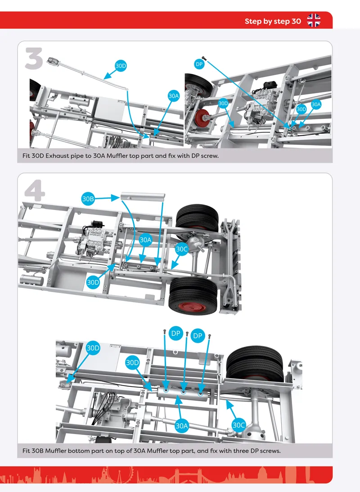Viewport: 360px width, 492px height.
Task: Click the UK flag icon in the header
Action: point(314,21)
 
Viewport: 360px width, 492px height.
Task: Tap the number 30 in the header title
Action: point(296,21)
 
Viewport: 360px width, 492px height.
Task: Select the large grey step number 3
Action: point(34,58)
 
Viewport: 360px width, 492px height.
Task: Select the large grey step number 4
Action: point(35,190)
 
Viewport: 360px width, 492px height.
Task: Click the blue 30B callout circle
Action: point(88,199)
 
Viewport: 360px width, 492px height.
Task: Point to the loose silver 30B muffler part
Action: point(143,197)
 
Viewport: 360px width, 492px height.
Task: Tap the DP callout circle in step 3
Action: point(199,64)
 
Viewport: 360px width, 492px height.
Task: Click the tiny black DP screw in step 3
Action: point(204,58)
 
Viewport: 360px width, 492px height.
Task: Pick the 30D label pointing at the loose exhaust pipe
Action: point(121,66)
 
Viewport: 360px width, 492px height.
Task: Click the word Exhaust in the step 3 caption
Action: point(57,156)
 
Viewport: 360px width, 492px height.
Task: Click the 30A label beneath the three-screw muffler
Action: point(181,426)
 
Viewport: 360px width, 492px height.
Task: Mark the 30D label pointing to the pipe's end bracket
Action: point(93,348)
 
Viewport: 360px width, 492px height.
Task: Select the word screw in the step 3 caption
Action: point(210,156)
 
